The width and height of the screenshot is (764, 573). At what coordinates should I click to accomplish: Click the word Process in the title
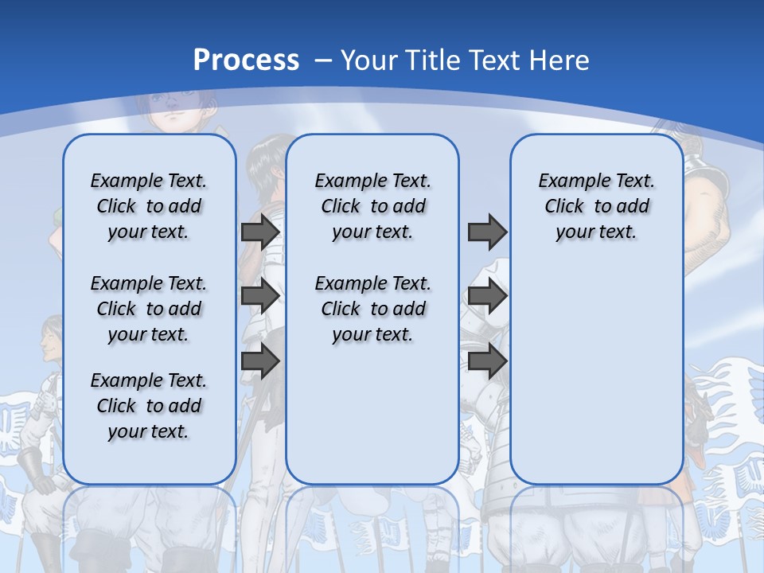click(x=246, y=60)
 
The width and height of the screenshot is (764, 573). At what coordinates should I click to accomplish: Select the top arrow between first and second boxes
click(x=260, y=232)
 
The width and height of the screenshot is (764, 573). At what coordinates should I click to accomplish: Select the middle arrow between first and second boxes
click(x=260, y=296)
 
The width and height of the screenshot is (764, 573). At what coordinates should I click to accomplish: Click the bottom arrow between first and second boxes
click(x=260, y=361)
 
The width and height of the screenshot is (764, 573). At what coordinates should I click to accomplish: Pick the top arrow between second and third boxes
click(x=487, y=232)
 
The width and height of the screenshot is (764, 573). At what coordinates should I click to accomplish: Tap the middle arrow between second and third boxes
click(x=487, y=296)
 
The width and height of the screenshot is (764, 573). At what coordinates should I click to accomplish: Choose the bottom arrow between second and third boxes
click(x=487, y=361)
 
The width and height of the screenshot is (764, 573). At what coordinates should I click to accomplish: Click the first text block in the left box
click(x=149, y=206)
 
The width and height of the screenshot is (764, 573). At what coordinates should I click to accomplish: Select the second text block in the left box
click(x=149, y=309)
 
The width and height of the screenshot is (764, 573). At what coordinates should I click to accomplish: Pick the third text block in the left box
click(x=149, y=406)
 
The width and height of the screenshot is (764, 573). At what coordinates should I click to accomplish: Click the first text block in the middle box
click(x=372, y=206)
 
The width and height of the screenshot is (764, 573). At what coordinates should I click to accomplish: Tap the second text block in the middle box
click(x=372, y=309)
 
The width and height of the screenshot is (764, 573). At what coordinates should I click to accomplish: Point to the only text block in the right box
click(x=596, y=206)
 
